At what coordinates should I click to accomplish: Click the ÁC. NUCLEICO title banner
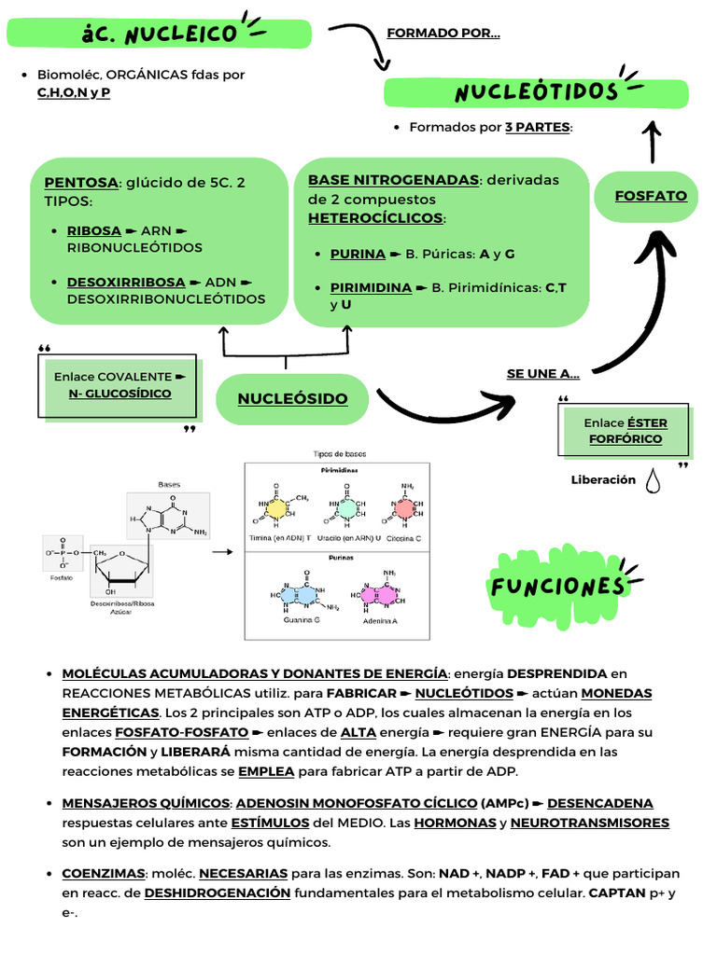click(x=159, y=34)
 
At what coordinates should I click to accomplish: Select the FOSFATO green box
click(x=651, y=196)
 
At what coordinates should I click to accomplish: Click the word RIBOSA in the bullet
click(x=94, y=230)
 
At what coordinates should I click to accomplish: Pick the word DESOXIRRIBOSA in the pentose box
click(x=126, y=282)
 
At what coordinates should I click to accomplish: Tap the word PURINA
click(x=358, y=254)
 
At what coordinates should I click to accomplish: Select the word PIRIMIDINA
click(x=371, y=287)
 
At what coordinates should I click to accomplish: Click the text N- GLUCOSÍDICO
click(x=120, y=394)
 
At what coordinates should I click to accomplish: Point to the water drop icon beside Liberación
click(x=653, y=480)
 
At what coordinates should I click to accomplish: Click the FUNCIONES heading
click(x=557, y=586)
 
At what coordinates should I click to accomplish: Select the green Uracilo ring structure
click(x=345, y=509)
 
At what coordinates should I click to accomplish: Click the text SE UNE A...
click(x=542, y=374)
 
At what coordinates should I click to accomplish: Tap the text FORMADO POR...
click(x=443, y=34)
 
